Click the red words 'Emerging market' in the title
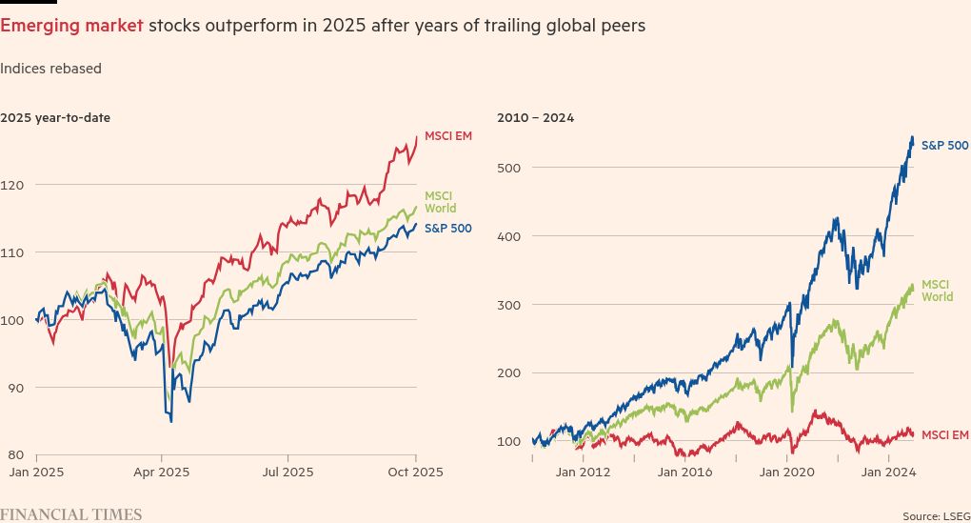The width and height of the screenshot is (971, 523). point(72,26)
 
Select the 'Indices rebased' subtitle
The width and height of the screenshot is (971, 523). point(50,69)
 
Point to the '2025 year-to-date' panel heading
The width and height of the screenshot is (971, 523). point(55,118)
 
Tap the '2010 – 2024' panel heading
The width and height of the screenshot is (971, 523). point(535,118)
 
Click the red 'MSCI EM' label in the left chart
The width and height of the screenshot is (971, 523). point(447,136)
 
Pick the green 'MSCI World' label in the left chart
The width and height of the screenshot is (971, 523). point(440,202)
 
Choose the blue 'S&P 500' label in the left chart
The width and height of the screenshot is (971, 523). point(447,229)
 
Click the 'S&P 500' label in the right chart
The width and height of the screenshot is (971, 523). point(944,146)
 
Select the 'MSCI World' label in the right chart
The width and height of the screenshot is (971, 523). point(937,291)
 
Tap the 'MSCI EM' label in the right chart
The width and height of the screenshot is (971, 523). point(944,434)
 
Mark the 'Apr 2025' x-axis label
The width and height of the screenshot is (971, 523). point(161,472)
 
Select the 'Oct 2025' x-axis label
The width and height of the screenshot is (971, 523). point(416,472)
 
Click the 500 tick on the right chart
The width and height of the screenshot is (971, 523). point(509,168)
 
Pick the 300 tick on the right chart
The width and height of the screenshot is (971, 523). point(509,305)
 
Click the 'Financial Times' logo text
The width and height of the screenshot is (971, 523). point(70,514)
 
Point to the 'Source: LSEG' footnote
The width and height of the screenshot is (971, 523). point(936,515)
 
